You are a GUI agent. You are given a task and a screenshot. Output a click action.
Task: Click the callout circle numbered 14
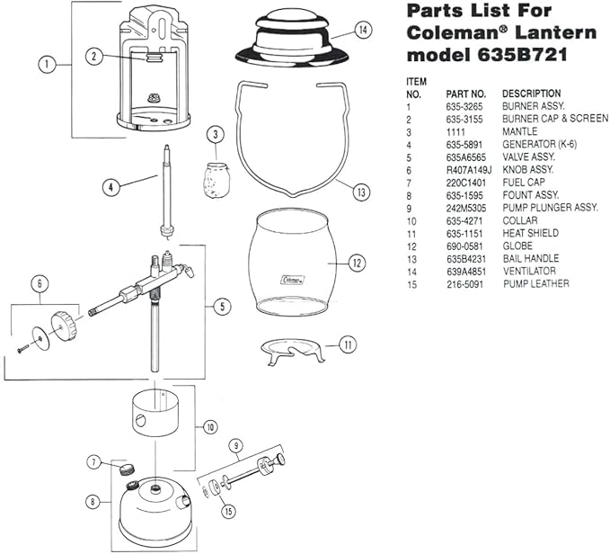pyautogui.click(x=362, y=30)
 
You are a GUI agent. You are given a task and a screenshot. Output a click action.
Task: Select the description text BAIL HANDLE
pyautogui.click(x=530, y=258)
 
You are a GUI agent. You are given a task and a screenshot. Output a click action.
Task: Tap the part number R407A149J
pyautogui.click(x=467, y=169)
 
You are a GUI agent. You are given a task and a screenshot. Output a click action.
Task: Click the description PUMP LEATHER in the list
pyautogui.click(x=535, y=283)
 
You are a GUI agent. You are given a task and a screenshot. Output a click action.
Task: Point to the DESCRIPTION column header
pyautogui.click(x=531, y=94)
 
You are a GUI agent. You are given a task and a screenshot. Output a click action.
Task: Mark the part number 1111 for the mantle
pyautogui.click(x=455, y=131)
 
